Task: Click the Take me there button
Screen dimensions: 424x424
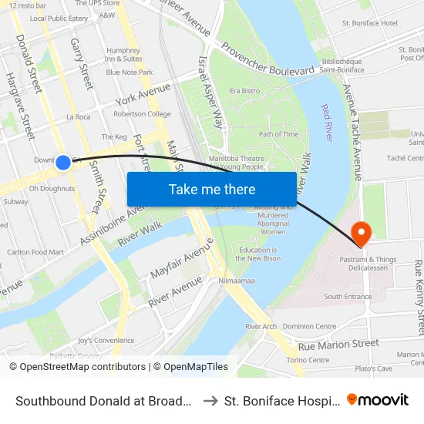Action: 212,189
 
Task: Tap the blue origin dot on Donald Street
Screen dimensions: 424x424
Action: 63,163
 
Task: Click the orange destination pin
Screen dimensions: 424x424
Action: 360,232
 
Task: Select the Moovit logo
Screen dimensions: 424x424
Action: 378,400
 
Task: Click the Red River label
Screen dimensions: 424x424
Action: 326,121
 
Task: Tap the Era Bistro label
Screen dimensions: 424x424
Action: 244,91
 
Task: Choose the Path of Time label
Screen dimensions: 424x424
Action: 278,134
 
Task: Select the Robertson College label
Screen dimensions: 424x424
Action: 142,114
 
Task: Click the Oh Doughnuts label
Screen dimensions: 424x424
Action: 52,188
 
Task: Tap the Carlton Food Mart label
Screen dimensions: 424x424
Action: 35,252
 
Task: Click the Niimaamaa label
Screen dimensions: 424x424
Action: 236,281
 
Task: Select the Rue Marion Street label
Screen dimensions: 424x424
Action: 338,345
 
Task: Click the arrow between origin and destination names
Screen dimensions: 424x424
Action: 210,401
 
